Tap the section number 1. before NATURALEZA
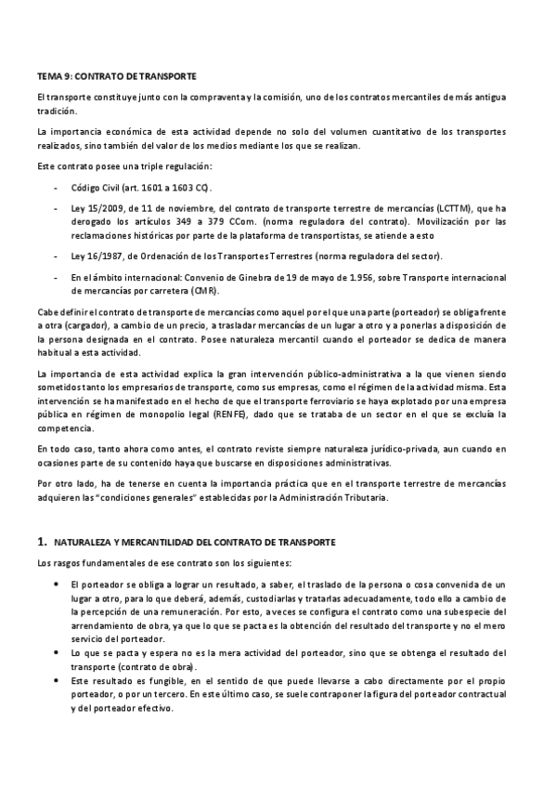click(x=42, y=541)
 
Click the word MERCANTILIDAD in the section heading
click(x=171, y=541)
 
